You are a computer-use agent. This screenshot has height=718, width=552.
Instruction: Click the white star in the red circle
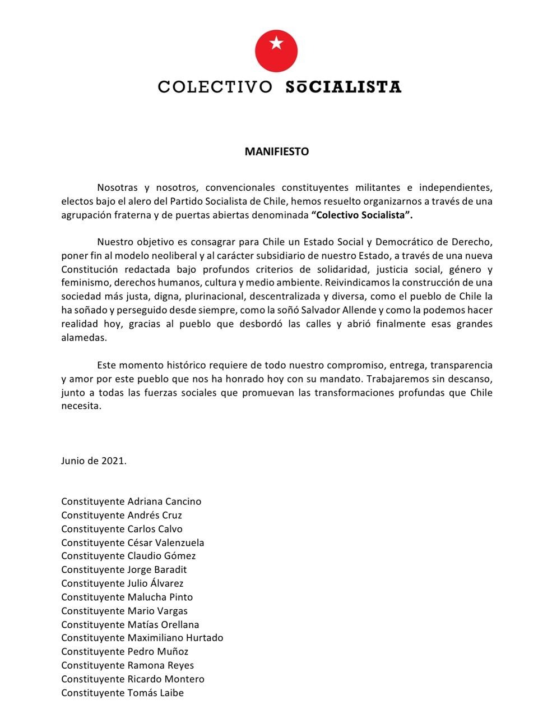click(276, 43)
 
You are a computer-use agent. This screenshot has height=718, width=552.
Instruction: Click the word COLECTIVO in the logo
click(215, 88)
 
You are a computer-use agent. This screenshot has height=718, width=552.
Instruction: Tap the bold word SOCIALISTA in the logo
click(343, 88)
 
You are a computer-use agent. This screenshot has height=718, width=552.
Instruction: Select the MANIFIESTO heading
click(276, 151)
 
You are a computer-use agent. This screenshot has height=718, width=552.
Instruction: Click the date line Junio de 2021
click(94, 461)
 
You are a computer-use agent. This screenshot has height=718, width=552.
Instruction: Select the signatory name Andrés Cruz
click(155, 515)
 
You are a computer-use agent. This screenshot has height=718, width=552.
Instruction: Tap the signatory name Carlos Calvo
click(155, 529)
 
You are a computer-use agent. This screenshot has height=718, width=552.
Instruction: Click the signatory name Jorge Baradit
click(157, 570)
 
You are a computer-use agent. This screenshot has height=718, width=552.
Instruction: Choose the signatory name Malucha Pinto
click(160, 597)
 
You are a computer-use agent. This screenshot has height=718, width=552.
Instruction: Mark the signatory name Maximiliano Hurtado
click(175, 638)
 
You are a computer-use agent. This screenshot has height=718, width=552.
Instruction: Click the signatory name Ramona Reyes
click(160, 665)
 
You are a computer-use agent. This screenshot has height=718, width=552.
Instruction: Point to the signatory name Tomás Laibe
click(155, 693)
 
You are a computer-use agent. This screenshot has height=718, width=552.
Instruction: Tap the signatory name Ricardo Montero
click(166, 679)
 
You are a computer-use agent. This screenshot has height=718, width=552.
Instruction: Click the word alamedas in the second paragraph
click(84, 338)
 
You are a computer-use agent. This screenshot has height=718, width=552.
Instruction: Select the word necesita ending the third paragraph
click(81, 406)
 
